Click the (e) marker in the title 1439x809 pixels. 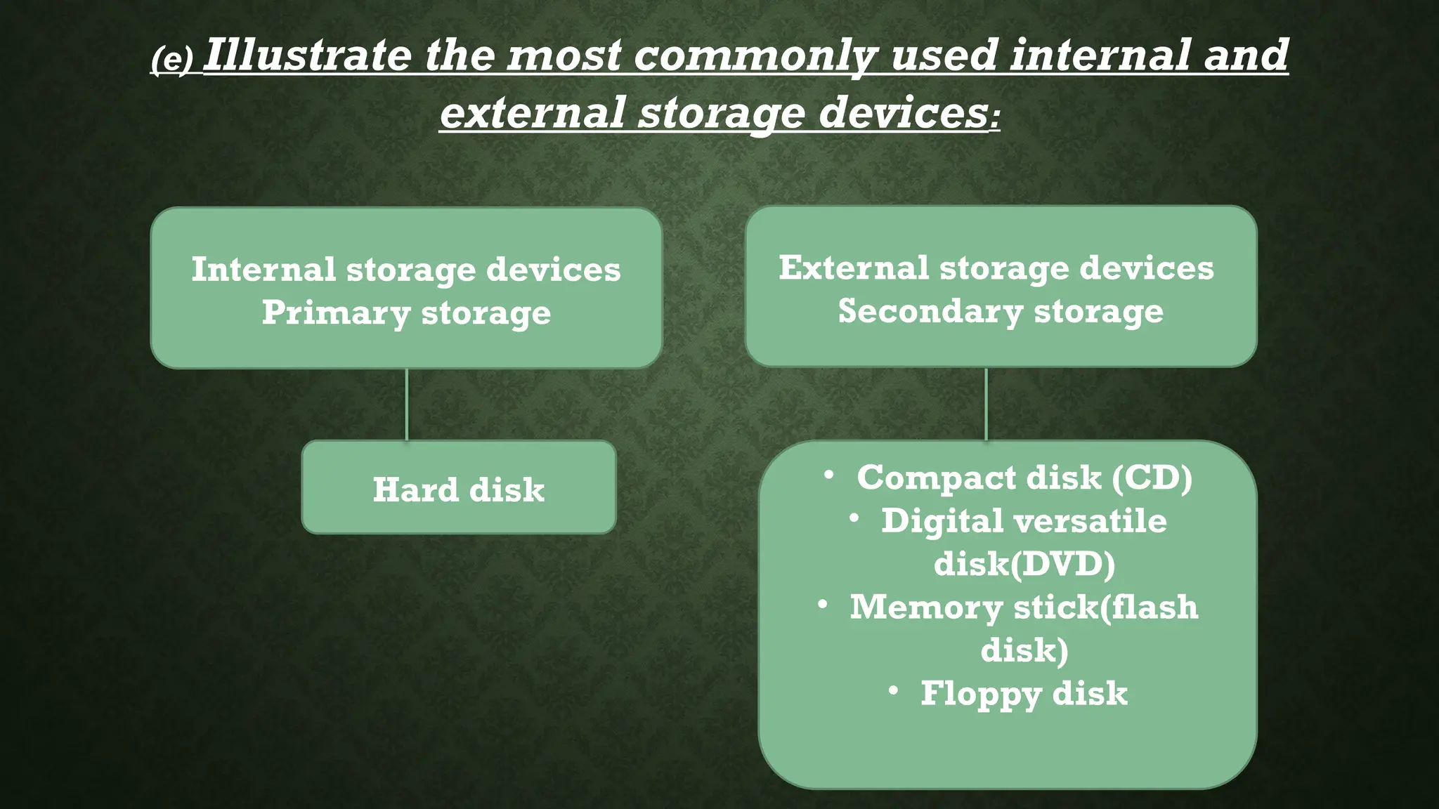[x=171, y=61]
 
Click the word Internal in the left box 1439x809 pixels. [x=263, y=270]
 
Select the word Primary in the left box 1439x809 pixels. [x=336, y=313]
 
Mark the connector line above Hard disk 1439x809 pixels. [x=407, y=404]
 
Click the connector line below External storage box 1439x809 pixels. [x=987, y=404]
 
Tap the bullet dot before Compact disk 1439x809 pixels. [x=829, y=475]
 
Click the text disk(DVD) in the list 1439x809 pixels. [x=1024, y=564]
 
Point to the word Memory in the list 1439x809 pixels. [x=926, y=607]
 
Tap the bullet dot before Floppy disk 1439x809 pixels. [x=893, y=691]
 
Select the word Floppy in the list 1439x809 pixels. [x=981, y=695]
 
